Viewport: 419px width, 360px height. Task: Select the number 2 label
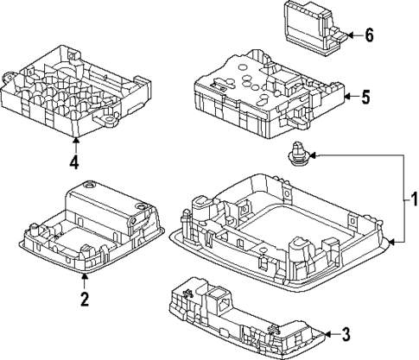tap(84, 300)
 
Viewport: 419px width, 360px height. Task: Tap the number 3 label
tap(346, 334)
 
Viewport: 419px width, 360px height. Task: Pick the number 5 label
tap(365, 98)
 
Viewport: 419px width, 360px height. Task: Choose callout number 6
tap(369, 35)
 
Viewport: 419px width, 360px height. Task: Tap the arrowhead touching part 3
tap(328, 334)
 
